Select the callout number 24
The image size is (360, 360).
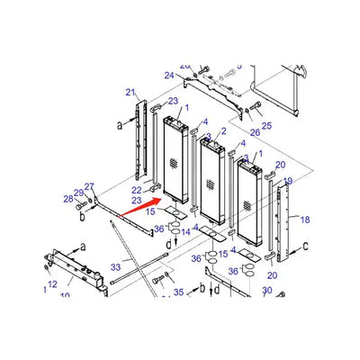coord(168,76)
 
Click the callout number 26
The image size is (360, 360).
coord(255,133)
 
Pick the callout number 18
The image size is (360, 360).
coord(305,220)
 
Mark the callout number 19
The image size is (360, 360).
coord(288,182)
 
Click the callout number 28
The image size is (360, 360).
coord(67,199)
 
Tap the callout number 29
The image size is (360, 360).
coord(78,193)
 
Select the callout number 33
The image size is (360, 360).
coord(115,267)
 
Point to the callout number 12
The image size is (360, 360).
coord(52,284)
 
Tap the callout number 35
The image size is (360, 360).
coord(178,292)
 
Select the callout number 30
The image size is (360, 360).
coord(266,291)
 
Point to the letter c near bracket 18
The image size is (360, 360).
coord(307,245)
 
